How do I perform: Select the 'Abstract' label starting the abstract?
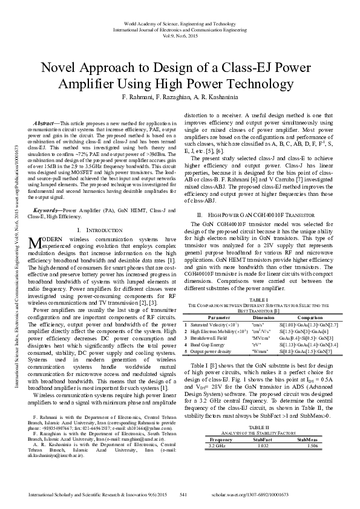coord(44,123)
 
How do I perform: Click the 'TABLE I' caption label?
coord(258,300)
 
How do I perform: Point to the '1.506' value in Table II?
coord(312,428)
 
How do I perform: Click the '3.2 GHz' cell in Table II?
coord(217,428)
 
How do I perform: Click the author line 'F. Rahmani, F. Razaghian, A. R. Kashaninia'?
coord(180,98)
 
